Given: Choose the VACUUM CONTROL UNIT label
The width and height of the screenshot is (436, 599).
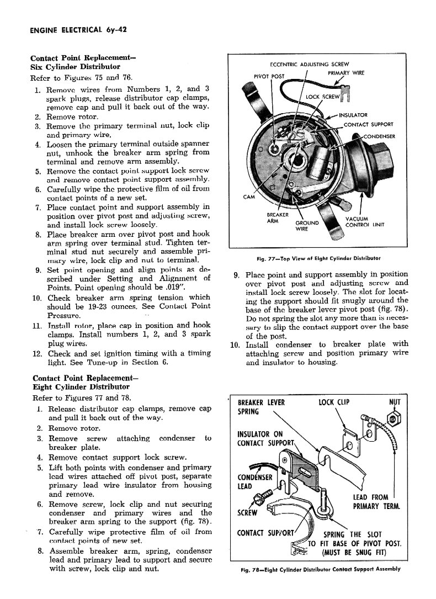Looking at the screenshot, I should (364, 221).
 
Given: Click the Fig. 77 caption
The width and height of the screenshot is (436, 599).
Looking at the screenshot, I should (318, 258).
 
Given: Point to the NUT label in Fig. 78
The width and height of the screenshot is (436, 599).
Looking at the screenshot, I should (395, 402).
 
